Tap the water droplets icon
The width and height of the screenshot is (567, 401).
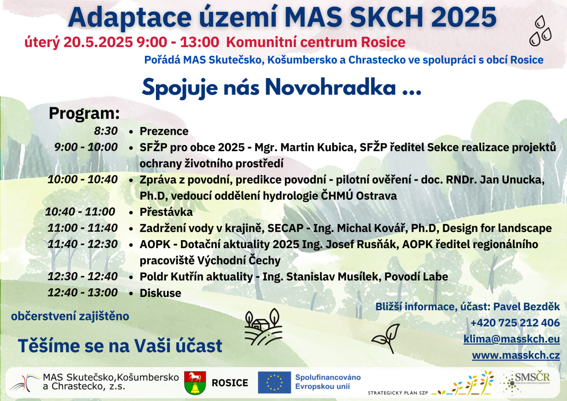[x=540, y=31]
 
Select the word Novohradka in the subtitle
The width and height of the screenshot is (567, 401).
[x=330, y=87]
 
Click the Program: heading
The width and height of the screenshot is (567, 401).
[x=84, y=113]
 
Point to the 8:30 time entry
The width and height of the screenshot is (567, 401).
[x=106, y=131]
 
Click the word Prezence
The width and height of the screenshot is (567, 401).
[x=164, y=131]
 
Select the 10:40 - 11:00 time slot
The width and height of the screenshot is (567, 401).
[x=80, y=212]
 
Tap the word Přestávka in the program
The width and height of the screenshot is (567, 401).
[x=166, y=212]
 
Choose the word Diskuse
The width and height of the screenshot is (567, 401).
[x=160, y=293]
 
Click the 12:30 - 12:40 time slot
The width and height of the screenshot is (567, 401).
[x=82, y=276]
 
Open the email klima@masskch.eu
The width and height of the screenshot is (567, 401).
[x=512, y=339]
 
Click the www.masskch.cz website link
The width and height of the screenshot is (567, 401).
[x=516, y=355]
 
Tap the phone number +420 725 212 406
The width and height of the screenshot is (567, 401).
[x=515, y=323]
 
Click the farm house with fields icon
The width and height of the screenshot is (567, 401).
[x=263, y=327]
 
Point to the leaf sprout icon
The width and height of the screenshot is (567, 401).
[x=386, y=339]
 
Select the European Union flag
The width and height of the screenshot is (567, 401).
[x=274, y=382]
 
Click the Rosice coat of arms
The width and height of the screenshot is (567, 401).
[x=195, y=383]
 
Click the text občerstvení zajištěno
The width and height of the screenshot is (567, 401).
[x=70, y=316]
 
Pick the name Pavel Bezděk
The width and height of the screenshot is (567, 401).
[x=527, y=307]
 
